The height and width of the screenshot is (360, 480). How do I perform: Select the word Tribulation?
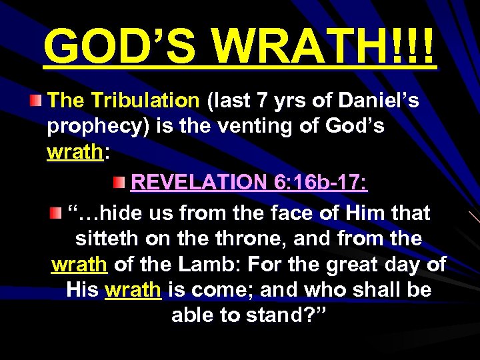pyautogui.click(x=145, y=101)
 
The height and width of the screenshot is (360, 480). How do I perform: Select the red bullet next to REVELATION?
pyautogui.click(x=119, y=182)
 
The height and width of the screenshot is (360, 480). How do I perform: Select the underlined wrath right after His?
pyautogui.click(x=133, y=290)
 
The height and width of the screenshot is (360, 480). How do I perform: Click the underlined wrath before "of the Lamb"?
pyautogui.click(x=79, y=265)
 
